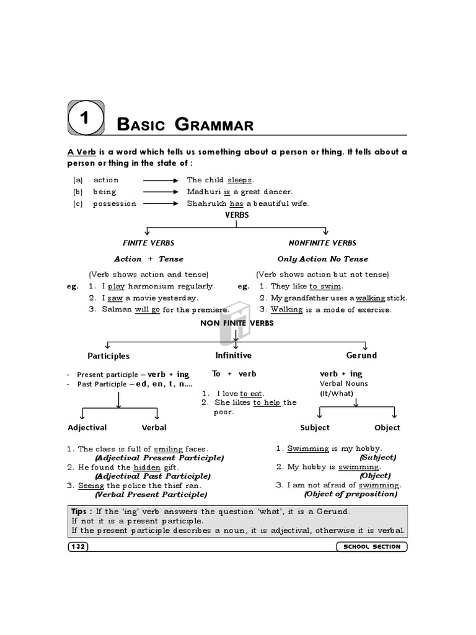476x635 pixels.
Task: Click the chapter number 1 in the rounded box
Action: pyautogui.click(x=87, y=118)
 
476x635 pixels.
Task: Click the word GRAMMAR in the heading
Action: pyautogui.click(x=214, y=125)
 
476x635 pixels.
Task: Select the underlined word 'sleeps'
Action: pyautogui.click(x=239, y=180)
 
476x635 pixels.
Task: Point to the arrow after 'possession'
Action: pyautogui.click(x=162, y=203)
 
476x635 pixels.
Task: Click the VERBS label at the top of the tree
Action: pyautogui.click(x=237, y=214)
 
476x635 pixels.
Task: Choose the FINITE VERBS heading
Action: pyautogui.click(x=149, y=243)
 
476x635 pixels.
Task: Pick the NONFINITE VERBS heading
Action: pyautogui.click(x=322, y=243)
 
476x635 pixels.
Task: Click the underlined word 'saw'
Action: pyautogui.click(x=115, y=298)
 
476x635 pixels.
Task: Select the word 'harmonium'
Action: pyautogui.click(x=152, y=286)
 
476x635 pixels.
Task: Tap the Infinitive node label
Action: pyautogui.click(x=233, y=355)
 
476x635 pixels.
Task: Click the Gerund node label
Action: pyautogui.click(x=361, y=355)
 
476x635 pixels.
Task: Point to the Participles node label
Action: pyautogui.click(x=108, y=356)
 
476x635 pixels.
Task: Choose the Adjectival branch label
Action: pyautogui.click(x=87, y=427)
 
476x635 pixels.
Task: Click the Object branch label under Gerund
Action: pyautogui.click(x=387, y=427)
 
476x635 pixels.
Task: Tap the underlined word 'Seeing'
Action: pyautogui.click(x=91, y=486)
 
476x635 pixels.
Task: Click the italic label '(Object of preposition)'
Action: pyautogui.click(x=350, y=494)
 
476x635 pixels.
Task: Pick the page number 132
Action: pyautogui.click(x=79, y=546)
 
